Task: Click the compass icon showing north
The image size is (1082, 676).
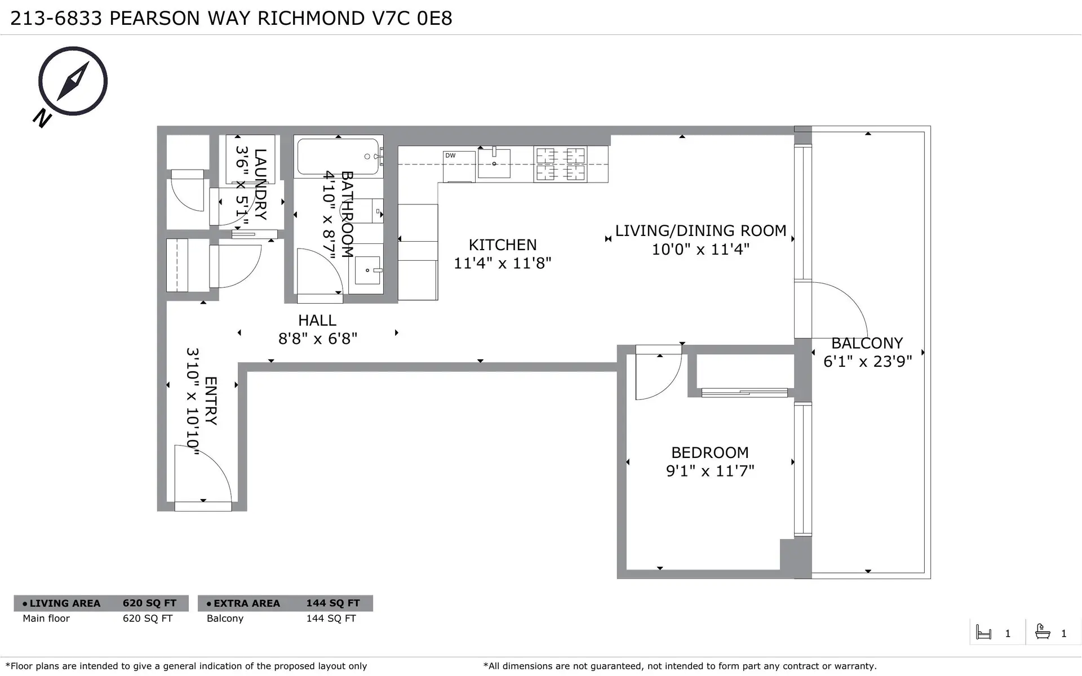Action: (73, 82)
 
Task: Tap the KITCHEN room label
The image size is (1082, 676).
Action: (503, 245)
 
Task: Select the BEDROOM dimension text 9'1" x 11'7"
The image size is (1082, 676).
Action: (710, 471)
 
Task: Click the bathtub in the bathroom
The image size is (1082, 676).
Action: (338, 157)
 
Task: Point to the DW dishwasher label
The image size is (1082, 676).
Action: (450, 155)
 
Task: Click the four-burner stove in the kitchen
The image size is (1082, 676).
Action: (560, 164)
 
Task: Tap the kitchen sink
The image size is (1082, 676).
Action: (494, 163)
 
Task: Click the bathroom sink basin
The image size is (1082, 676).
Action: (367, 270)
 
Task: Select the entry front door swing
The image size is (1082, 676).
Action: (203, 476)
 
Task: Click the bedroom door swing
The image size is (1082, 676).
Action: (657, 375)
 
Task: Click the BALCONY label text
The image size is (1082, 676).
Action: (867, 343)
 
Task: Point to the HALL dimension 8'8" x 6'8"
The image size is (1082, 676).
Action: (318, 339)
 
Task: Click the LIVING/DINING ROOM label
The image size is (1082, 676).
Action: (700, 231)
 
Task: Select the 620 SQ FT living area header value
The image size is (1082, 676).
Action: (149, 603)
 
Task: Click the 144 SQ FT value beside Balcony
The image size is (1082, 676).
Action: (331, 619)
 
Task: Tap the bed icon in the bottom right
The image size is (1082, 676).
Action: (983, 633)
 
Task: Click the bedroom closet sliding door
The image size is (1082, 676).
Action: (744, 393)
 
